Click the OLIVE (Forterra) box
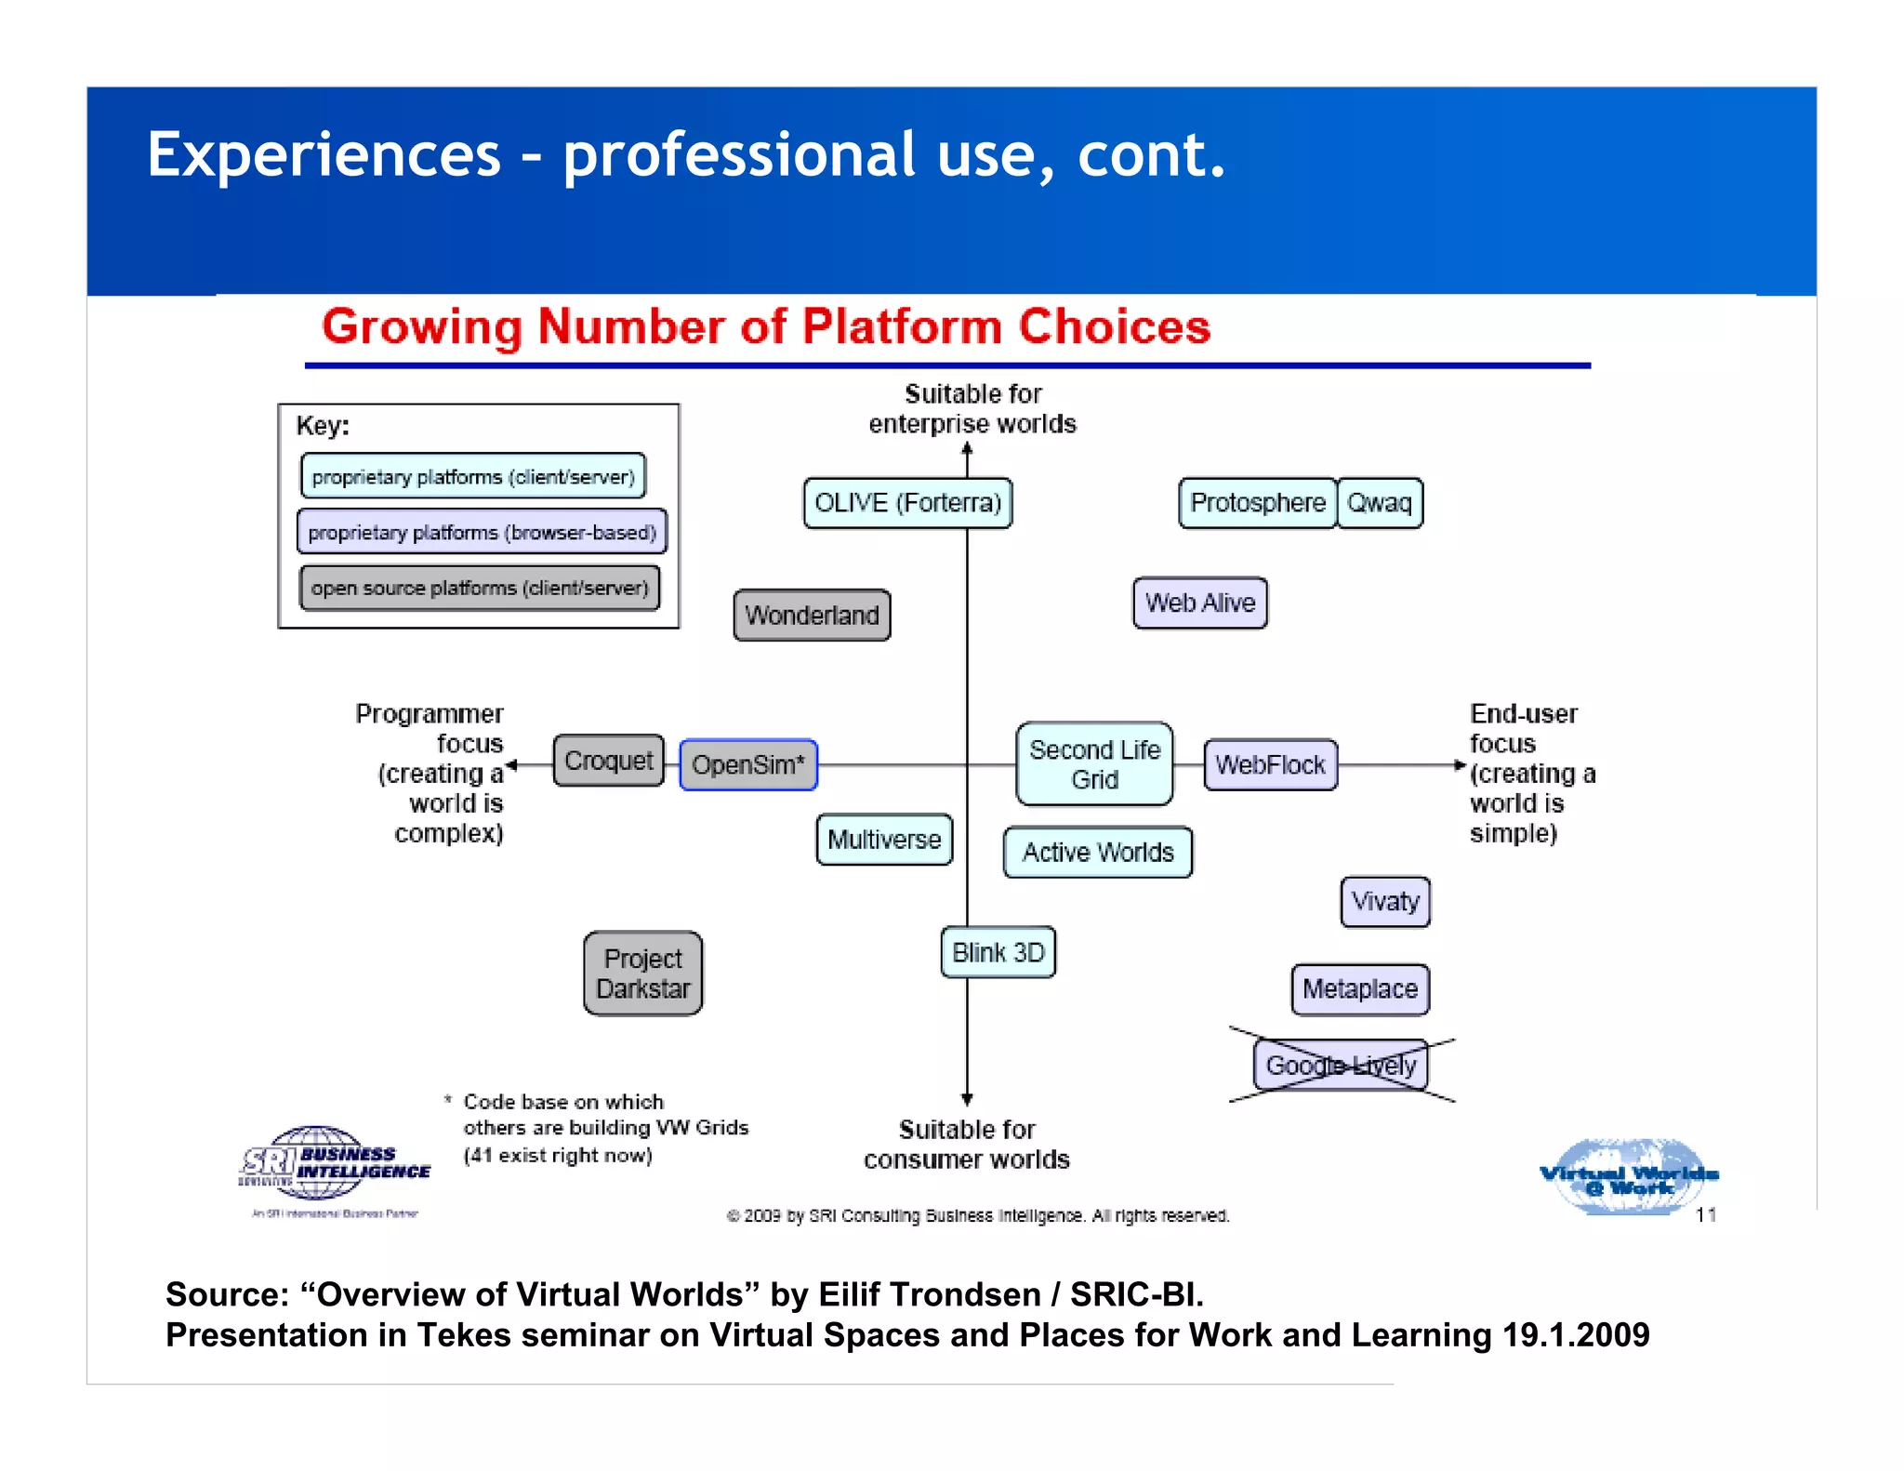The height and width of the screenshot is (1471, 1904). [x=907, y=503]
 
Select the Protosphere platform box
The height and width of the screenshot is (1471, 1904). [x=1257, y=503]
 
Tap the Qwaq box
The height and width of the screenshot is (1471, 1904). [x=1380, y=503]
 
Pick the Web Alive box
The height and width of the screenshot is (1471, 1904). [x=1199, y=603]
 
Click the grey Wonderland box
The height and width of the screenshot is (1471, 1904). [x=812, y=616]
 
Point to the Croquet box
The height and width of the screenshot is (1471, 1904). [x=609, y=761]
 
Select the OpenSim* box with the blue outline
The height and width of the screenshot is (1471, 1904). [x=748, y=765]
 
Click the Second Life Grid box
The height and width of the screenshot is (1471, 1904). [x=1094, y=764]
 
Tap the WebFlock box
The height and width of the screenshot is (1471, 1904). [x=1270, y=765]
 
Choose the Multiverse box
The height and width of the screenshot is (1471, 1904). [x=884, y=840]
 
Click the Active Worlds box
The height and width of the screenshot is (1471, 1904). [x=1097, y=853]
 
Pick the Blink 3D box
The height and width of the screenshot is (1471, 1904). [x=998, y=952]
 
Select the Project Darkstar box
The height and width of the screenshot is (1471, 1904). [x=642, y=974]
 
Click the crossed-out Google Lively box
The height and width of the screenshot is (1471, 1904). [x=1340, y=1066]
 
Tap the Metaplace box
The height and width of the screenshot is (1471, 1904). [x=1359, y=989]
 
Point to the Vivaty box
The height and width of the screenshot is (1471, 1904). [x=1384, y=902]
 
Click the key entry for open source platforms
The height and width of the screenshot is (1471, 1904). [x=480, y=589]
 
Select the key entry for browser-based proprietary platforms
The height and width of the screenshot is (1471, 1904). [x=482, y=533]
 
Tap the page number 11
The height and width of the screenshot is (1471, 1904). [x=1705, y=1215]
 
